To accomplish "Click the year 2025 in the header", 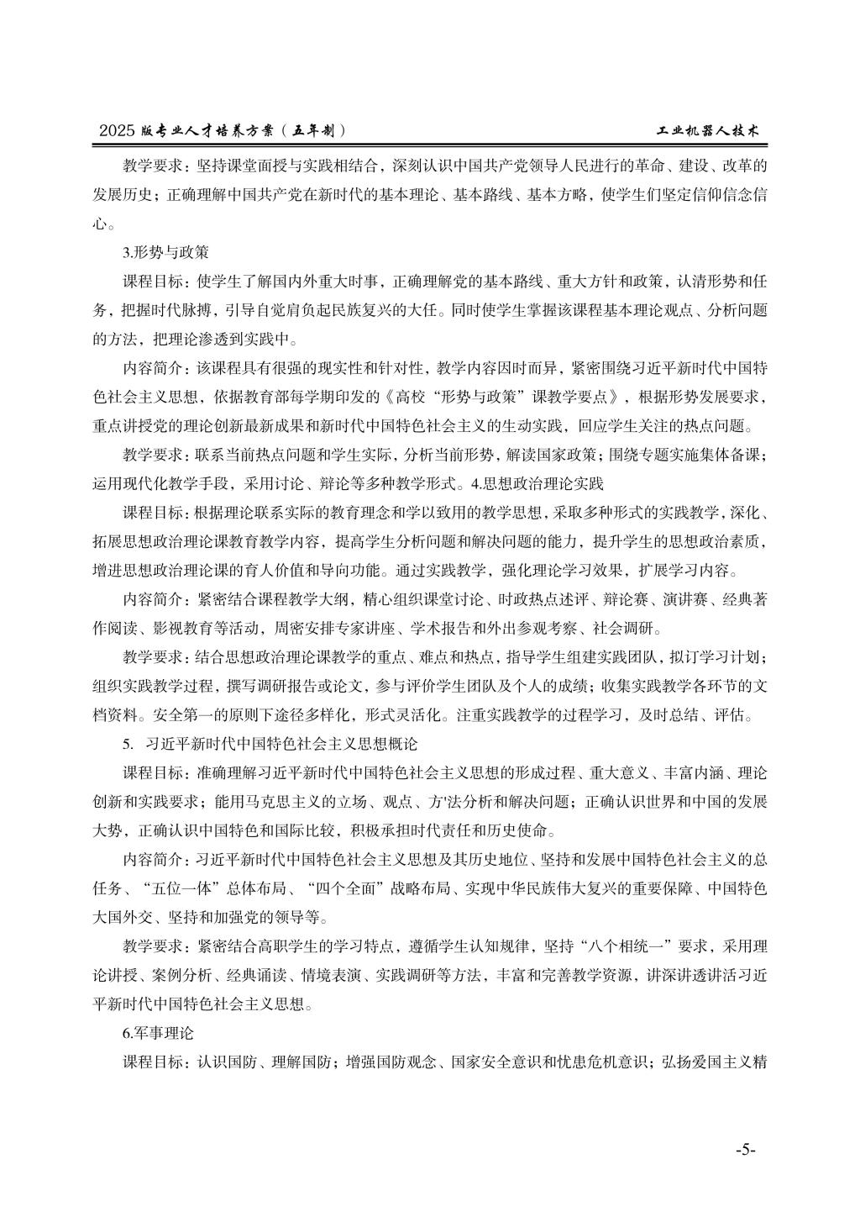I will tap(117, 131).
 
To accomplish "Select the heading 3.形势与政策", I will tap(165, 251).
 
